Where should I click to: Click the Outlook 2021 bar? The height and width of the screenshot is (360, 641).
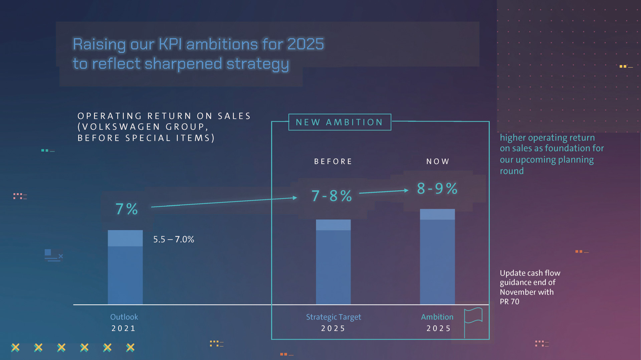125,267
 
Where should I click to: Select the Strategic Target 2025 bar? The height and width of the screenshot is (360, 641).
333,262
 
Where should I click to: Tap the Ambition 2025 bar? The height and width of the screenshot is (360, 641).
437,257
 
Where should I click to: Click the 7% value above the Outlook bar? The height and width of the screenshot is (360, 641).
127,209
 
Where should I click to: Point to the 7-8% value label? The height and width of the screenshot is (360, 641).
332,196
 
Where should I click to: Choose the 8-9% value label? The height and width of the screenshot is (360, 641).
437,189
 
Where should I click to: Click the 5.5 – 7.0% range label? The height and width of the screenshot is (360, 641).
174,239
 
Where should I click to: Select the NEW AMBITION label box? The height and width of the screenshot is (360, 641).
340,122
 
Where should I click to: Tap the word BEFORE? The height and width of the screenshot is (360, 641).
333,162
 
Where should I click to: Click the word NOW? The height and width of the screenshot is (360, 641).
438,162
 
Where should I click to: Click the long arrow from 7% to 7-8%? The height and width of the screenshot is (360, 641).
224,202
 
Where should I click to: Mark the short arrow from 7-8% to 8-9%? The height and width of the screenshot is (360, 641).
384,192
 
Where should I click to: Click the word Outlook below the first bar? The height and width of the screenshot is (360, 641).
124,317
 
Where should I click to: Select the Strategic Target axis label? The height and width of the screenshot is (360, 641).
333,317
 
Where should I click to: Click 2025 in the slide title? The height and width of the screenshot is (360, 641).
305,44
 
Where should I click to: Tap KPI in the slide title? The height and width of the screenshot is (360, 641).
170,44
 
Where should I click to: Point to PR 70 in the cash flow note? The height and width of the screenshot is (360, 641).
509,302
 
